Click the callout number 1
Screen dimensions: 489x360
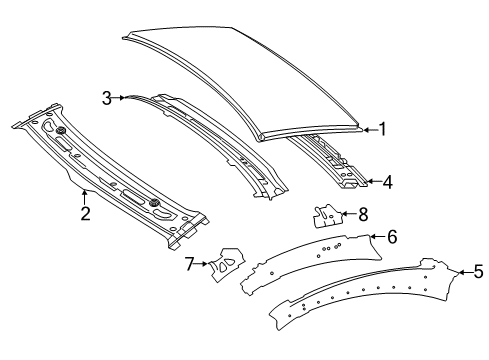pyautogui.click(x=382, y=129)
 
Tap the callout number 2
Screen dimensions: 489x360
pyautogui.click(x=85, y=213)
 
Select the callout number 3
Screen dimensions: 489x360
pyautogui.click(x=107, y=98)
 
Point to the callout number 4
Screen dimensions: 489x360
pyautogui.click(x=388, y=182)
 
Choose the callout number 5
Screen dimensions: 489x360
pyautogui.click(x=478, y=272)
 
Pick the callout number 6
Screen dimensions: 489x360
pyautogui.click(x=392, y=237)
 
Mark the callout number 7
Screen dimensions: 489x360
pyautogui.click(x=189, y=264)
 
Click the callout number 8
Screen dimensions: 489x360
pyautogui.click(x=363, y=214)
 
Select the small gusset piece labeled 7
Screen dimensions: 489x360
pyautogui.click(x=226, y=263)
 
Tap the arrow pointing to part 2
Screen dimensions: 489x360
pyautogui.click(x=84, y=197)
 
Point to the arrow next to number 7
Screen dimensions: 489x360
pyautogui.click(x=202, y=264)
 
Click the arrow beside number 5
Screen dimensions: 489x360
pyautogui.click(x=465, y=272)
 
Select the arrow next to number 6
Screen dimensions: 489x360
pyautogui.click(x=378, y=237)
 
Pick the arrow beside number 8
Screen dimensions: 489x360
pyautogui.click(x=349, y=213)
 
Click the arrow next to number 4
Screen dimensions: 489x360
pyautogui.click(x=374, y=182)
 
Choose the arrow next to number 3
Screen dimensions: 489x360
pyautogui.click(x=119, y=98)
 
